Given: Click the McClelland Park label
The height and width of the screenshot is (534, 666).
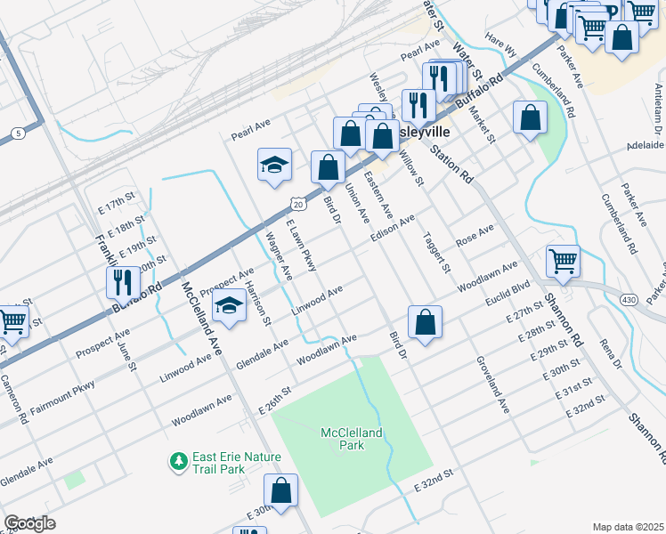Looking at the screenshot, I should tap(352, 439).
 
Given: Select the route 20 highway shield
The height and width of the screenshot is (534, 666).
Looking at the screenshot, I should tap(299, 205).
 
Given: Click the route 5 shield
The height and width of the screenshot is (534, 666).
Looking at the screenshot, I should tap(18, 133).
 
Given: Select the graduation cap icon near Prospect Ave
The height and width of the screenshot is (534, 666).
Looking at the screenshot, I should tap(230, 307).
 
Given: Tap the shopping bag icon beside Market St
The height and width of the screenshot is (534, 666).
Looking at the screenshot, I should tap(530, 117).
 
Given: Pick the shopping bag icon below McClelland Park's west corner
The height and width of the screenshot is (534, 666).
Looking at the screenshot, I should tap(281, 490).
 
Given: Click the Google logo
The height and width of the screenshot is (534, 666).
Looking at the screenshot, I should tap(29, 523).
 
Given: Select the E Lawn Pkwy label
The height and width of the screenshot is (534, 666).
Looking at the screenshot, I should tap(301, 245).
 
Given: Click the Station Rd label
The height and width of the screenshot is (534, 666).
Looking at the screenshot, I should tap(451, 164).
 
